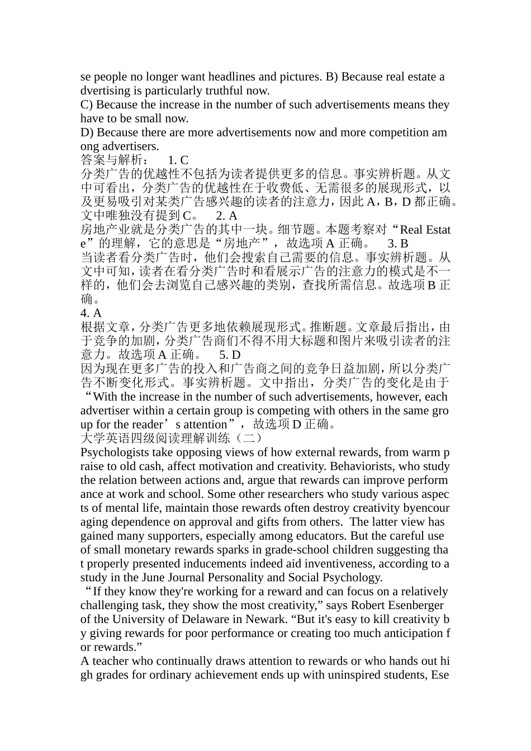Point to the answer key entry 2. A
[x=227, y=216]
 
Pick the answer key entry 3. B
[x=398, y=244]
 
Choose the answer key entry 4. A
[x=91, y=313]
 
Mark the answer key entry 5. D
[x=230, y=355]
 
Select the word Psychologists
[x=115, y=452]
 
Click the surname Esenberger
[x=410, y=605]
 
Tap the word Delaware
[x=204, y=619]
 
